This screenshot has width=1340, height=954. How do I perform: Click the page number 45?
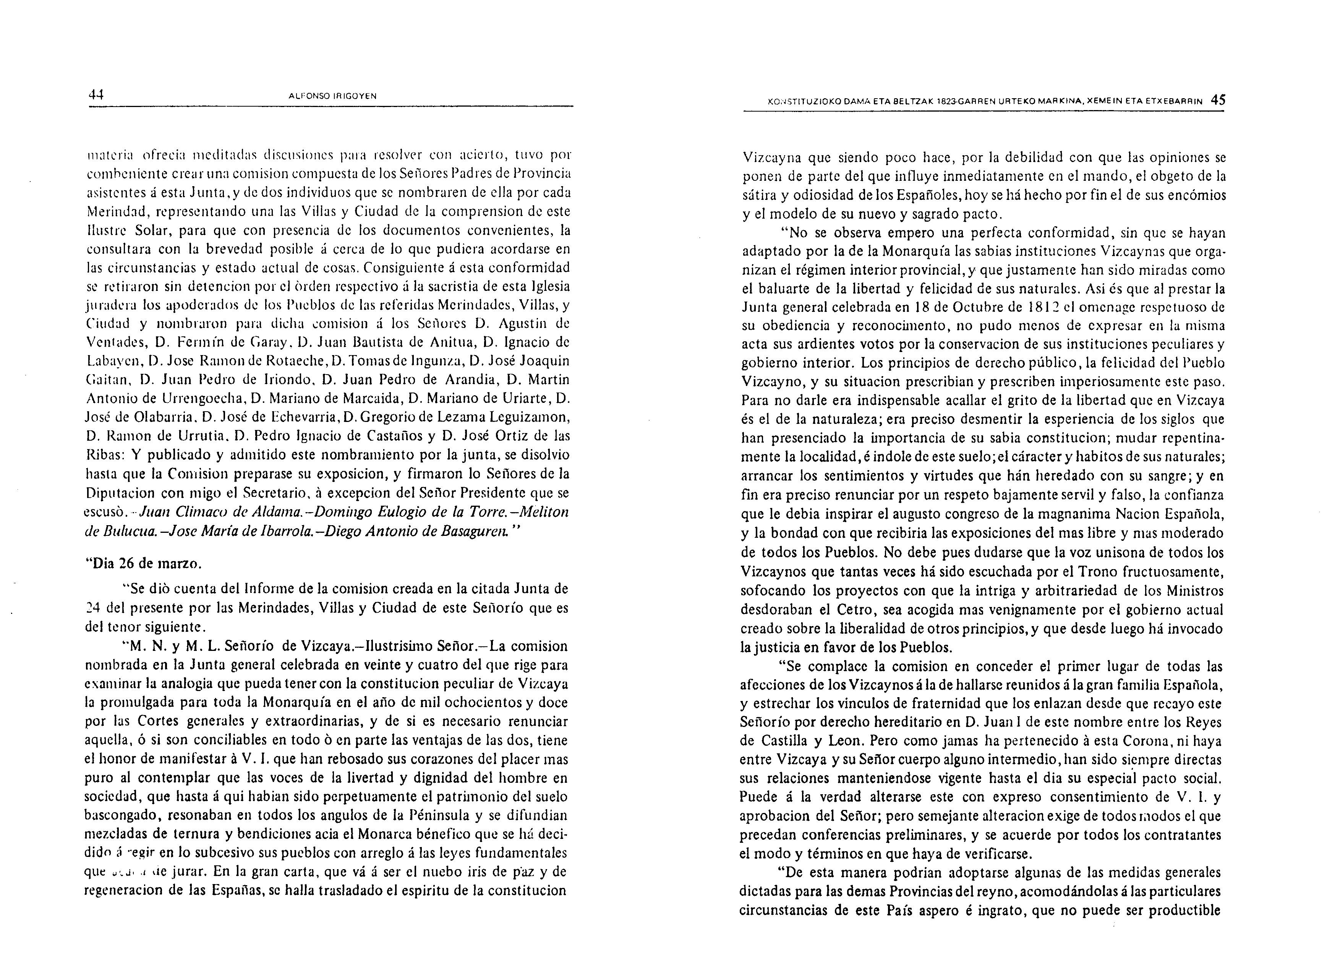(x=1218, y=100)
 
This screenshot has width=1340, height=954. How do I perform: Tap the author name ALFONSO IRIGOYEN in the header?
(x=333, y=96)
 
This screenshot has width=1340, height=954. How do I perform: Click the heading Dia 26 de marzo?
(x=144, y=563)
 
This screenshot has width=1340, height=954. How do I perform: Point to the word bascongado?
(x=123, y=816)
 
